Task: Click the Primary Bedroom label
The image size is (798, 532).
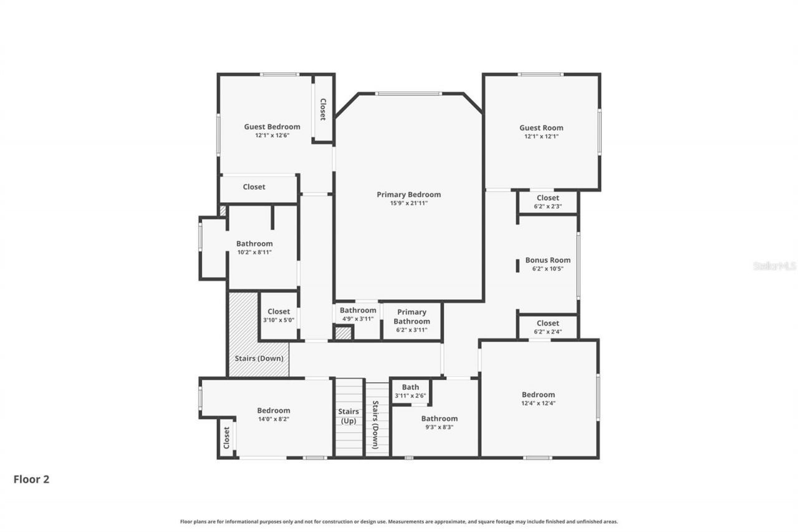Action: pyautogui.click(x=408, y=195)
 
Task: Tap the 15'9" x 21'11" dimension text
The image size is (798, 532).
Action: pyautogui.click(x=408, y=203)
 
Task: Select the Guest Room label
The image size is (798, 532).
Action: pyautogui.click(x=541, y=128)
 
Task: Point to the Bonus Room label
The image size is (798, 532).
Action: pyautogui.click(x=547, y=260)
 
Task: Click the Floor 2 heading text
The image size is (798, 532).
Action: pyautogui.click(x=31, y=480)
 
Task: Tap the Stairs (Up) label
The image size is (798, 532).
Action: pyautogui.click(x=349, y=416)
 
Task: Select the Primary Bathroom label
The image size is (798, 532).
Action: pyautogui.click(x=411, y=316)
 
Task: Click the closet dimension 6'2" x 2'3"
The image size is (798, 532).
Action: pyautogui.click(x=547, y=206)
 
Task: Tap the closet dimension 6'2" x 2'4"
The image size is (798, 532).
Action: pyautogui.click(x=547, y=332)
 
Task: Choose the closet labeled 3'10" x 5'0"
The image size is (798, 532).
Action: pyautogui.click(x=279, y=316)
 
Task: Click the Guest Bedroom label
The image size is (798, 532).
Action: pyautogui.click(x=272, y=127)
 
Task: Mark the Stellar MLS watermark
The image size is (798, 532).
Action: pyautogui.click(x=774, y=266)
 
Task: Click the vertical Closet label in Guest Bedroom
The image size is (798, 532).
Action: pyautogui.click(x=323, y=109)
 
